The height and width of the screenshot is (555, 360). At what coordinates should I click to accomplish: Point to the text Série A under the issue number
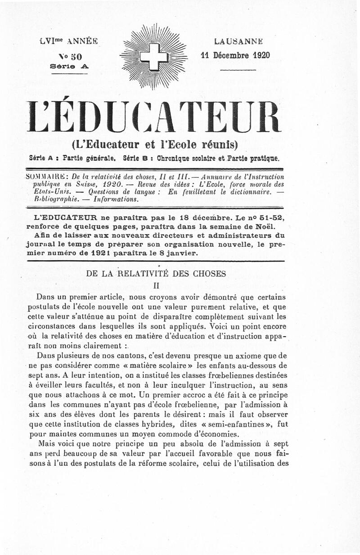[70, 66]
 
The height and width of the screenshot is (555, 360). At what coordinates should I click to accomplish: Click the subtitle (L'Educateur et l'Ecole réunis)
[154, 144]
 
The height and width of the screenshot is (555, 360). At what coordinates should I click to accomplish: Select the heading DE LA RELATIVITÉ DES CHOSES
[156, 273]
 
